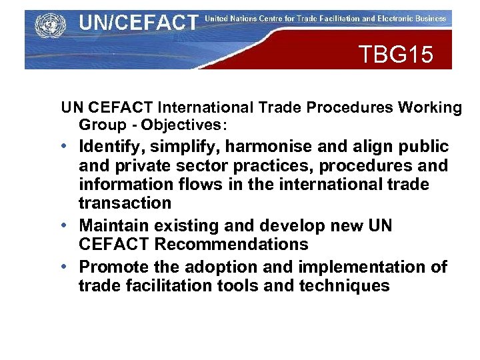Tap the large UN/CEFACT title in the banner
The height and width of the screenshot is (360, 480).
(x=138, y=23)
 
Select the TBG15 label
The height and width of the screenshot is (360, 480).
(x=395, y=54)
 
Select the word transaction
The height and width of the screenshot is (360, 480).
(x=125, y=203)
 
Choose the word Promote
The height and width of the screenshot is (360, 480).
(x=109, y=267)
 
